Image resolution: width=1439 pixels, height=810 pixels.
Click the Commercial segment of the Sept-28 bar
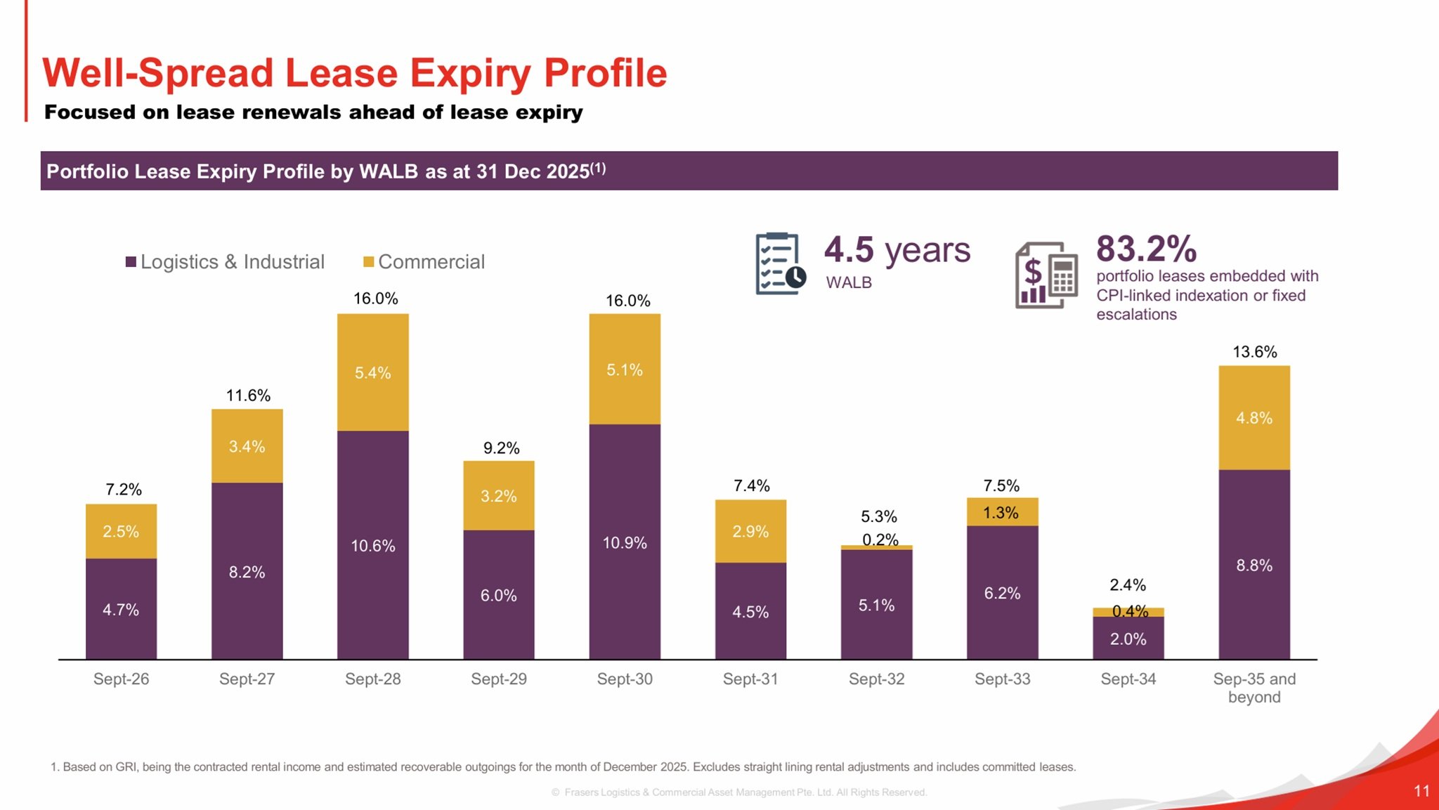372,372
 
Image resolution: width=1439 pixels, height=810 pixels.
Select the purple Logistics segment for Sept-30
625,542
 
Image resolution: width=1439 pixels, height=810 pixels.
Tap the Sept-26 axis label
121,679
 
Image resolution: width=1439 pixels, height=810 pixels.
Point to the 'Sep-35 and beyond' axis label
1254,688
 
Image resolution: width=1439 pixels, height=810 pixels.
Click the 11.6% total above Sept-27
248,396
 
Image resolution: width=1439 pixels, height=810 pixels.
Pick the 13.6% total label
1255,352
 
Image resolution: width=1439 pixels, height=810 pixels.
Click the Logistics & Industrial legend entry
225,262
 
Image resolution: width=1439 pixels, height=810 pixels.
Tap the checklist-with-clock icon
780,263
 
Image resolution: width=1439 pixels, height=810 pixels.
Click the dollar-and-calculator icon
1046,275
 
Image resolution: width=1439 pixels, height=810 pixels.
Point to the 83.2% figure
1146,249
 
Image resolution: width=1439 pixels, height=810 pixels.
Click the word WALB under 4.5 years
849,282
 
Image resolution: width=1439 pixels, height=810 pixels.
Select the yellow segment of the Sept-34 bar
1128,612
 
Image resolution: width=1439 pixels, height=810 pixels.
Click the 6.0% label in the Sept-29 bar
498,596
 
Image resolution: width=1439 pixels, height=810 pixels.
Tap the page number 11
1421,791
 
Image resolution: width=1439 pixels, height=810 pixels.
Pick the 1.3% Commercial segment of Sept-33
1002,512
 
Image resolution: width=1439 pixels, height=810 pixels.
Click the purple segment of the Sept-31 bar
750,611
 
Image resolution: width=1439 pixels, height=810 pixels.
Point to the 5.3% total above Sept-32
879,516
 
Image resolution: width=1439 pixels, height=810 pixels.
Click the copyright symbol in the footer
556,792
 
